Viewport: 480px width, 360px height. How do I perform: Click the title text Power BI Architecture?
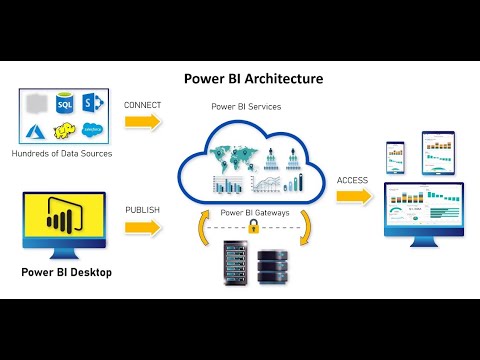253,77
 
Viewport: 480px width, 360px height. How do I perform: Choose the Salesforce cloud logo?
95,129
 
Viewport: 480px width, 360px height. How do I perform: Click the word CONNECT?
142,104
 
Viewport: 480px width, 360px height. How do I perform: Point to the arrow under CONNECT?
143,122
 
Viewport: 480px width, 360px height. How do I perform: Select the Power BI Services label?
245,105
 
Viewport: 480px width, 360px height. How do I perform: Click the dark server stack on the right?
274,267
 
